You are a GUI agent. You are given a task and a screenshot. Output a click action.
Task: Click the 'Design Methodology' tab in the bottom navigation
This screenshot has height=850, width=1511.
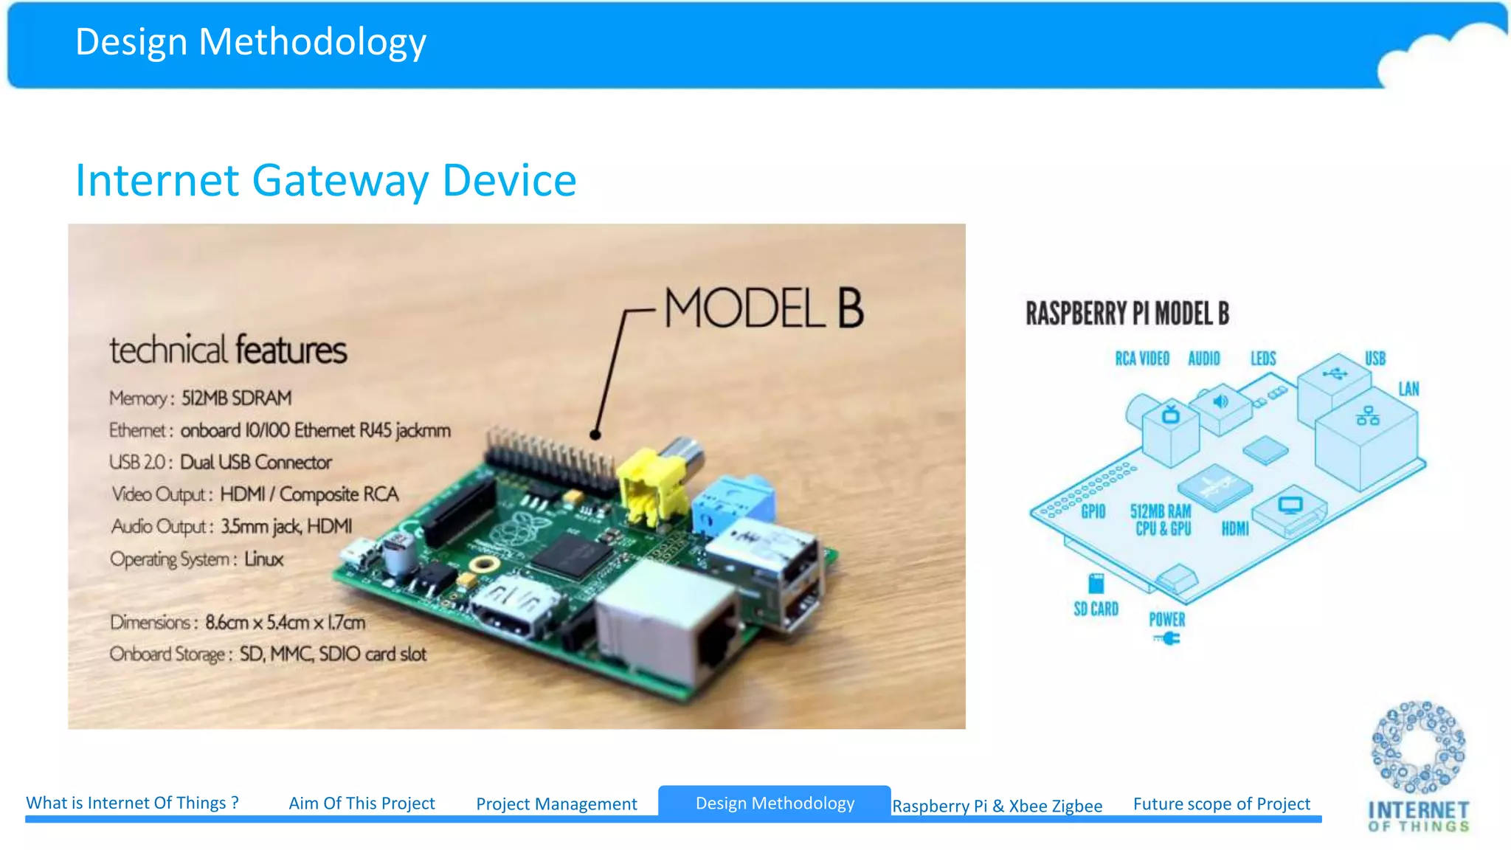tap(775, 803)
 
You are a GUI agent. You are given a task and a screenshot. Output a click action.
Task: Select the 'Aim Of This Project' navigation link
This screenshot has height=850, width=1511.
tap(362, 803)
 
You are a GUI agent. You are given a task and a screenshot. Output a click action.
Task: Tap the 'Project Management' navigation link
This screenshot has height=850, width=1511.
tap(556, 804)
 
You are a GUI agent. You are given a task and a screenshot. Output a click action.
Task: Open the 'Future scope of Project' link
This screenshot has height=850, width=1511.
tap(1221, 804)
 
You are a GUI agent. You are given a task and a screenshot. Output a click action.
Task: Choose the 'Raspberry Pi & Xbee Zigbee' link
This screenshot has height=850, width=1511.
tap(997, 806)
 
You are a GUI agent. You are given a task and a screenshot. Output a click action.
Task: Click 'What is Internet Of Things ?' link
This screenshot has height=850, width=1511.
tap(133, 803)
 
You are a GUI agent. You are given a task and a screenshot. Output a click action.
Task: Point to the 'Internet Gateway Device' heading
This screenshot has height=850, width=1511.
tap(325, 180)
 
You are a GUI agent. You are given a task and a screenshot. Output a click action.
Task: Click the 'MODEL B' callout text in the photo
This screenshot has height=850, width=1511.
tap(764, 308)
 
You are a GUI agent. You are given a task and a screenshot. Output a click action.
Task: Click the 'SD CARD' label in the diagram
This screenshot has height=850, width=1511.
tap(1096, 609)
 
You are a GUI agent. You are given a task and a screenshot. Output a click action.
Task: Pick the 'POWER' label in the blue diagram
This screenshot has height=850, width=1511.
tap(1166, 620)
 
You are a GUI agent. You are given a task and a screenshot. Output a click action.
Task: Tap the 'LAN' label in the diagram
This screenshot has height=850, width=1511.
tap(1408, 389)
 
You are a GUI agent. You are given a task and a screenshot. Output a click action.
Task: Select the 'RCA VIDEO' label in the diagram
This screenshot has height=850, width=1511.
tap(1142, 359)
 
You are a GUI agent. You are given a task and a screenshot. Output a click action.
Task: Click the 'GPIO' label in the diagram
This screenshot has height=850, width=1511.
tap(1093, 511)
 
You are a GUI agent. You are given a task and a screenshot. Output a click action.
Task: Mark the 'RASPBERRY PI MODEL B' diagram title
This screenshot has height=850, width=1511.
tap(1127, 314)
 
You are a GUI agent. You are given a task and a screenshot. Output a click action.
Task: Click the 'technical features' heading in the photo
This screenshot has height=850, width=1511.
tap(228, 350)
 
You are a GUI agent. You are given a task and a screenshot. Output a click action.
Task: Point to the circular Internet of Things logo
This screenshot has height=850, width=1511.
tap(1418, 747)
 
